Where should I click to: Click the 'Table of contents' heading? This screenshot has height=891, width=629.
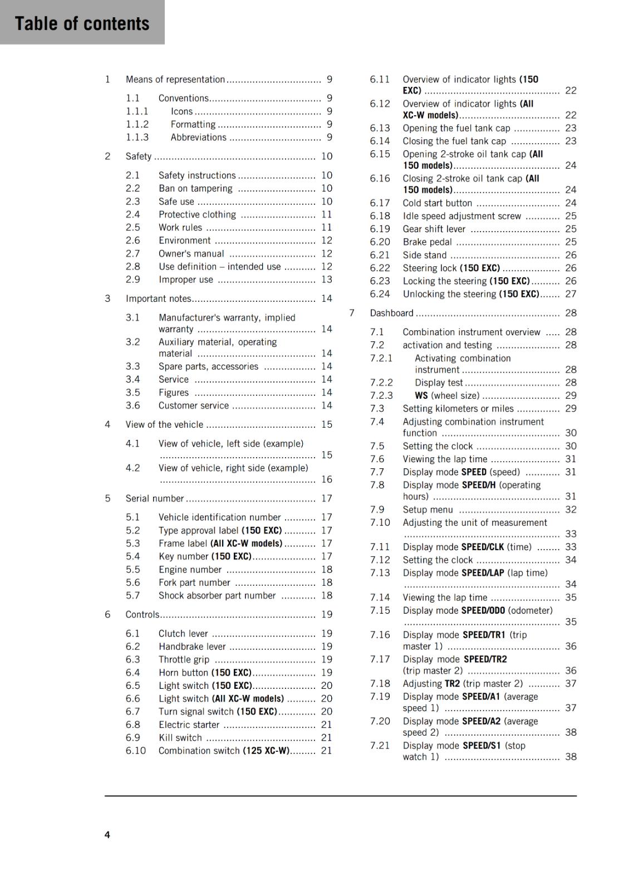[82, 23]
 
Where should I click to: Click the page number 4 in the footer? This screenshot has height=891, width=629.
[107, 834]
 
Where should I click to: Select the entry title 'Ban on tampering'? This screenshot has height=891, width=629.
[195, 188]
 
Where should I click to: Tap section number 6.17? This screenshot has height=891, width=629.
[380, 203]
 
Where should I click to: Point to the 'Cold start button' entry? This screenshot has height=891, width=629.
[437, 203]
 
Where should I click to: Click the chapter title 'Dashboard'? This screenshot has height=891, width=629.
[391, 313]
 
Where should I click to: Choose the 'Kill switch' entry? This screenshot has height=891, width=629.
[180, 737]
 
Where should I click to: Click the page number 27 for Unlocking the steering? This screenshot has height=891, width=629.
[571, 294]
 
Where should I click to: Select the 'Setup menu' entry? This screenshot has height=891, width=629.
[427, 510]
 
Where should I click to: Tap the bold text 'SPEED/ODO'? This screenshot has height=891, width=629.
[483, 610]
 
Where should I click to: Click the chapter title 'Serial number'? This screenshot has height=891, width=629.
[154, 498]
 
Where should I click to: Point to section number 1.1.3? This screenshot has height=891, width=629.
[137, 138]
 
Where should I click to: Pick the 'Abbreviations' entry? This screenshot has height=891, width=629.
[198, 138]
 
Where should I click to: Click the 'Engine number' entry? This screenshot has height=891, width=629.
[190, 570]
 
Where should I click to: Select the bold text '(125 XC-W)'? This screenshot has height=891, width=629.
[266, 751]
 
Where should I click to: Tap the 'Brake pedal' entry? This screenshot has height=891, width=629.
[427, 242]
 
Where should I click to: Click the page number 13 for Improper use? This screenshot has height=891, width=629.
[326, 280]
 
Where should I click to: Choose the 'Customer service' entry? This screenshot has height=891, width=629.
[193, 405]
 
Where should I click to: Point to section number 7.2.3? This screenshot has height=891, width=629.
[381, 395]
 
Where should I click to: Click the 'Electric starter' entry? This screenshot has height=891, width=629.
[189, 724]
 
